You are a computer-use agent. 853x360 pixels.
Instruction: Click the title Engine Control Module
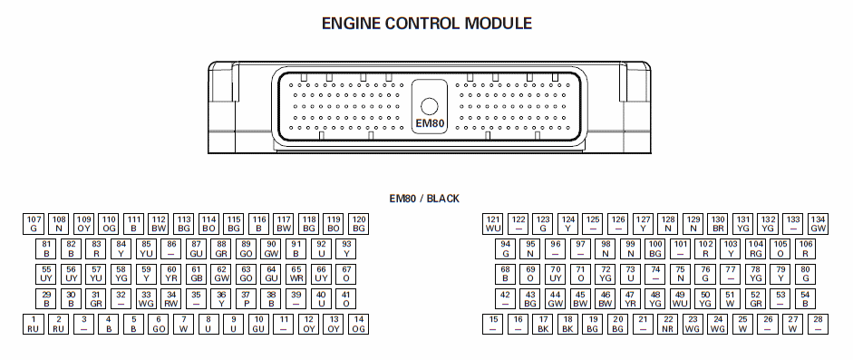pyautogui.click(x=427, y=24)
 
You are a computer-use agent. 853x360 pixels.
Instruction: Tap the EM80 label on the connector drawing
pyautogui.click(x=430, y=124)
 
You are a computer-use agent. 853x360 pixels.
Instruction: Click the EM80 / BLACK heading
pyautogui.click(x=424, y=199)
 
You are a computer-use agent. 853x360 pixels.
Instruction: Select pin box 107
pyautogui.click(x=34, y=224)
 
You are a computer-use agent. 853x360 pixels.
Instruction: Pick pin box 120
pyautogui.click(x=358, y=224)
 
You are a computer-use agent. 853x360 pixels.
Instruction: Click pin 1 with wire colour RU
pyautogui.click(x=34, y=324)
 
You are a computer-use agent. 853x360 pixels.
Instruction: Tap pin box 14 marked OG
pyautogui.click(x=358, y=324)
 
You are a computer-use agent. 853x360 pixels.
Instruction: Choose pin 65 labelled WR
pyautogui.click(x=296, y=274)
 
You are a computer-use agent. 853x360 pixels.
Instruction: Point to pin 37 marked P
pyautogui.click(x=246, y=299)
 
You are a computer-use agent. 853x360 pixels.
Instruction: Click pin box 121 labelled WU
pyautogui.click(x=493, y=224)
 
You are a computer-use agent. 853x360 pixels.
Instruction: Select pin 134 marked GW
pyautogui.click(x=819, y=224)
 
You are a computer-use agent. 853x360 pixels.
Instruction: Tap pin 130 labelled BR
pyautogui.click(x=718, y=224)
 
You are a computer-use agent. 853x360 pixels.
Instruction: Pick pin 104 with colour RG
pyautogui.click(x=756, y=249)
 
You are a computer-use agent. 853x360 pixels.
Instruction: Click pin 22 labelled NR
pyautogui.click(x=668, y=324)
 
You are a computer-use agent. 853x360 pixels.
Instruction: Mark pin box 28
pyautogui.click(x=819, y=324)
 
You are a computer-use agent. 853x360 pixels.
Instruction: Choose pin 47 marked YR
pyautogui.click(x=631, y=299)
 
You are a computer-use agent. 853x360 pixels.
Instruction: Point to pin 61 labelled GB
pyautogui.click(x=196, y=274)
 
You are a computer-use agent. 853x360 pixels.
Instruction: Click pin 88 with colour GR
pyautogui.click(x=221, y=249)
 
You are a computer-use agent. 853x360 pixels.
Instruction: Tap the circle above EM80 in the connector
pyautogui.click(x=430, y=106)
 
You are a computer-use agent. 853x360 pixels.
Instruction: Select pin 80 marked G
pyautogui.click(x=806, y=274)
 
